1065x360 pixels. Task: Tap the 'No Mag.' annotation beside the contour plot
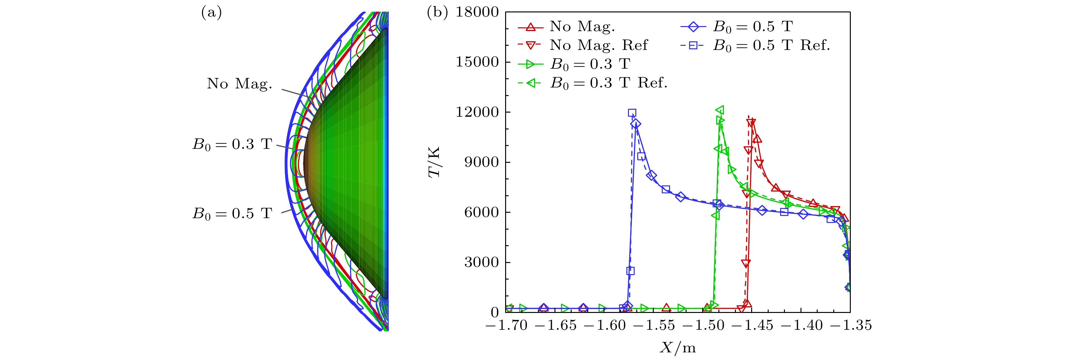pyautogui.click(x=239, y=84)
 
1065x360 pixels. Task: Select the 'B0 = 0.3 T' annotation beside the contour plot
pyautogui.click(x=232, y=144)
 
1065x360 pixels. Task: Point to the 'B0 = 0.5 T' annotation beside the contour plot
pyautogui.click(x=232, y=214)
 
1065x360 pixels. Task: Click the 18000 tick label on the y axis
pyautogui.click(x=477, y=12)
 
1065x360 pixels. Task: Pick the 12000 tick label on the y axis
pyautogui.click(x=477, y=113)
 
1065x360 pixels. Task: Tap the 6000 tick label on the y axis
pyautogui.click(x=481, y=212)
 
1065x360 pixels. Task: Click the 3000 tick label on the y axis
pyautogui.click(x=481, y=262)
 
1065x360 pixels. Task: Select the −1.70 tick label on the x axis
pyautogui.click(x=506, y=326)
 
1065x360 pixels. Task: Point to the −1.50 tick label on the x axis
pyautogui.click(x=703, y=326)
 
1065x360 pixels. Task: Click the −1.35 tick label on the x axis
pyautogui.click(x=850, y=326)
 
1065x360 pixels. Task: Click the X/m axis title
pyautogui.click(x=678, y=348)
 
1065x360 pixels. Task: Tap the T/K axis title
pyautogui.click(x=434, y=162)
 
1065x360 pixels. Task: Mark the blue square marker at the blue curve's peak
pyautogui.click(x=632, y=113)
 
